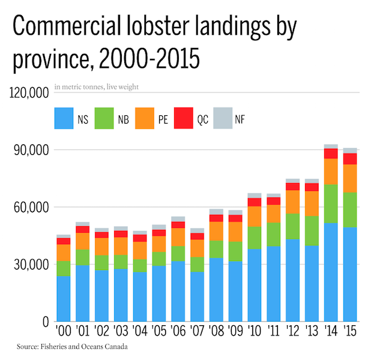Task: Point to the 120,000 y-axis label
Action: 29,94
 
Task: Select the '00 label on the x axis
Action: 63,332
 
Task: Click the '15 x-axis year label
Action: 350,332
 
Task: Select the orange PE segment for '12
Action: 292,202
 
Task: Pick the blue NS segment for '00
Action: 63,298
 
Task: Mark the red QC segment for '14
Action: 331,153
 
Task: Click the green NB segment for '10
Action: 254,238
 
